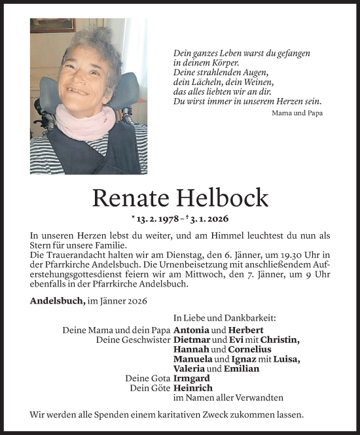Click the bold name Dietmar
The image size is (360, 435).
[193, 340]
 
